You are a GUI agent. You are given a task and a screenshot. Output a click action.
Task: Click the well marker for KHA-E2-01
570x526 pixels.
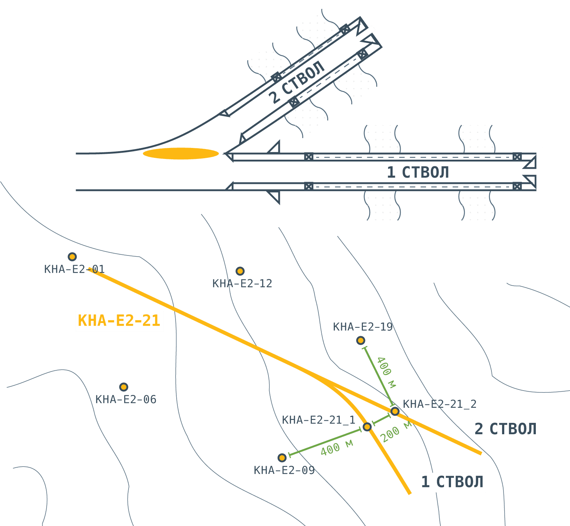[72, 257]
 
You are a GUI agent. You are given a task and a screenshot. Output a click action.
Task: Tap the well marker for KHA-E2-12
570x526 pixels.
[240, 271]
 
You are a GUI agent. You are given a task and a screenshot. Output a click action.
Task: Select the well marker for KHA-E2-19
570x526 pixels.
[361, 341]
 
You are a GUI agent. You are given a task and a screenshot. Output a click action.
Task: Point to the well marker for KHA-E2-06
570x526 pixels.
[124, 387]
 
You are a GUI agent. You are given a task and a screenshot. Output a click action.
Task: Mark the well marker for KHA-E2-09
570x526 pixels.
[282, 458]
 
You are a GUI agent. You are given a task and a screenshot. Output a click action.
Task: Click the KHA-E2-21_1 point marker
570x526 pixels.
[367, 427]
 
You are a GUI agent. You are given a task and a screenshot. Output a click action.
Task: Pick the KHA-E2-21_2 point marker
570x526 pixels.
[395, 411]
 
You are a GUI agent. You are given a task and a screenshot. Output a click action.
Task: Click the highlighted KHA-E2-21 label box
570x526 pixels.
[119, 321]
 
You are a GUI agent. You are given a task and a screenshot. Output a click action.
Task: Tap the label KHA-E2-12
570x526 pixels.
[242, 284]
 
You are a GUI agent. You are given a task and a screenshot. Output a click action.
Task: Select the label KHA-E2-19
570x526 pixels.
[363, 327]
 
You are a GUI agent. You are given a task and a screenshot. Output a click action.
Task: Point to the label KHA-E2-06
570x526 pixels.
[126, 399]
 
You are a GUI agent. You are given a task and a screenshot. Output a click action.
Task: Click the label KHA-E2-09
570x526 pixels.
[284, 470]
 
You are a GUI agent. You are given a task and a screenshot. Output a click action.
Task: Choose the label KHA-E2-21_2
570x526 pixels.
[440, 404]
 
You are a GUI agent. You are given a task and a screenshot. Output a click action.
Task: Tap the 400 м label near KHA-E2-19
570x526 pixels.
[386, 372]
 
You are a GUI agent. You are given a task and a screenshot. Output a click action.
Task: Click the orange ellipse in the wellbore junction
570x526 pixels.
[181, 153]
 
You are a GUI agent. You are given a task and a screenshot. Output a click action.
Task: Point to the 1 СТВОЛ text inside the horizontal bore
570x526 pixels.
[418, 173]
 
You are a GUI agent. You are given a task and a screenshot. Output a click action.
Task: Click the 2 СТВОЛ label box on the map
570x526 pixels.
[506, 429]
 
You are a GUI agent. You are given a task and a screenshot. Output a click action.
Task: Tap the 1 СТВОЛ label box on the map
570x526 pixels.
[452, 482]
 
